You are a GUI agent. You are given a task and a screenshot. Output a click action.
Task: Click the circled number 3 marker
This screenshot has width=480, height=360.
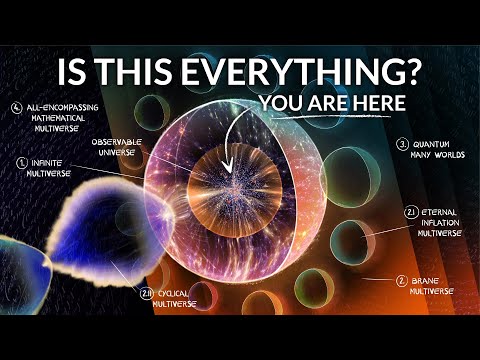point(401,144)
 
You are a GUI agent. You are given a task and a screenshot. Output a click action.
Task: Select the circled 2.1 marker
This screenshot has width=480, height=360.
point(410,212)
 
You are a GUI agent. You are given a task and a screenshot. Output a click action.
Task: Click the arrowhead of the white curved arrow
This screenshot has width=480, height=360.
point(228,167)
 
